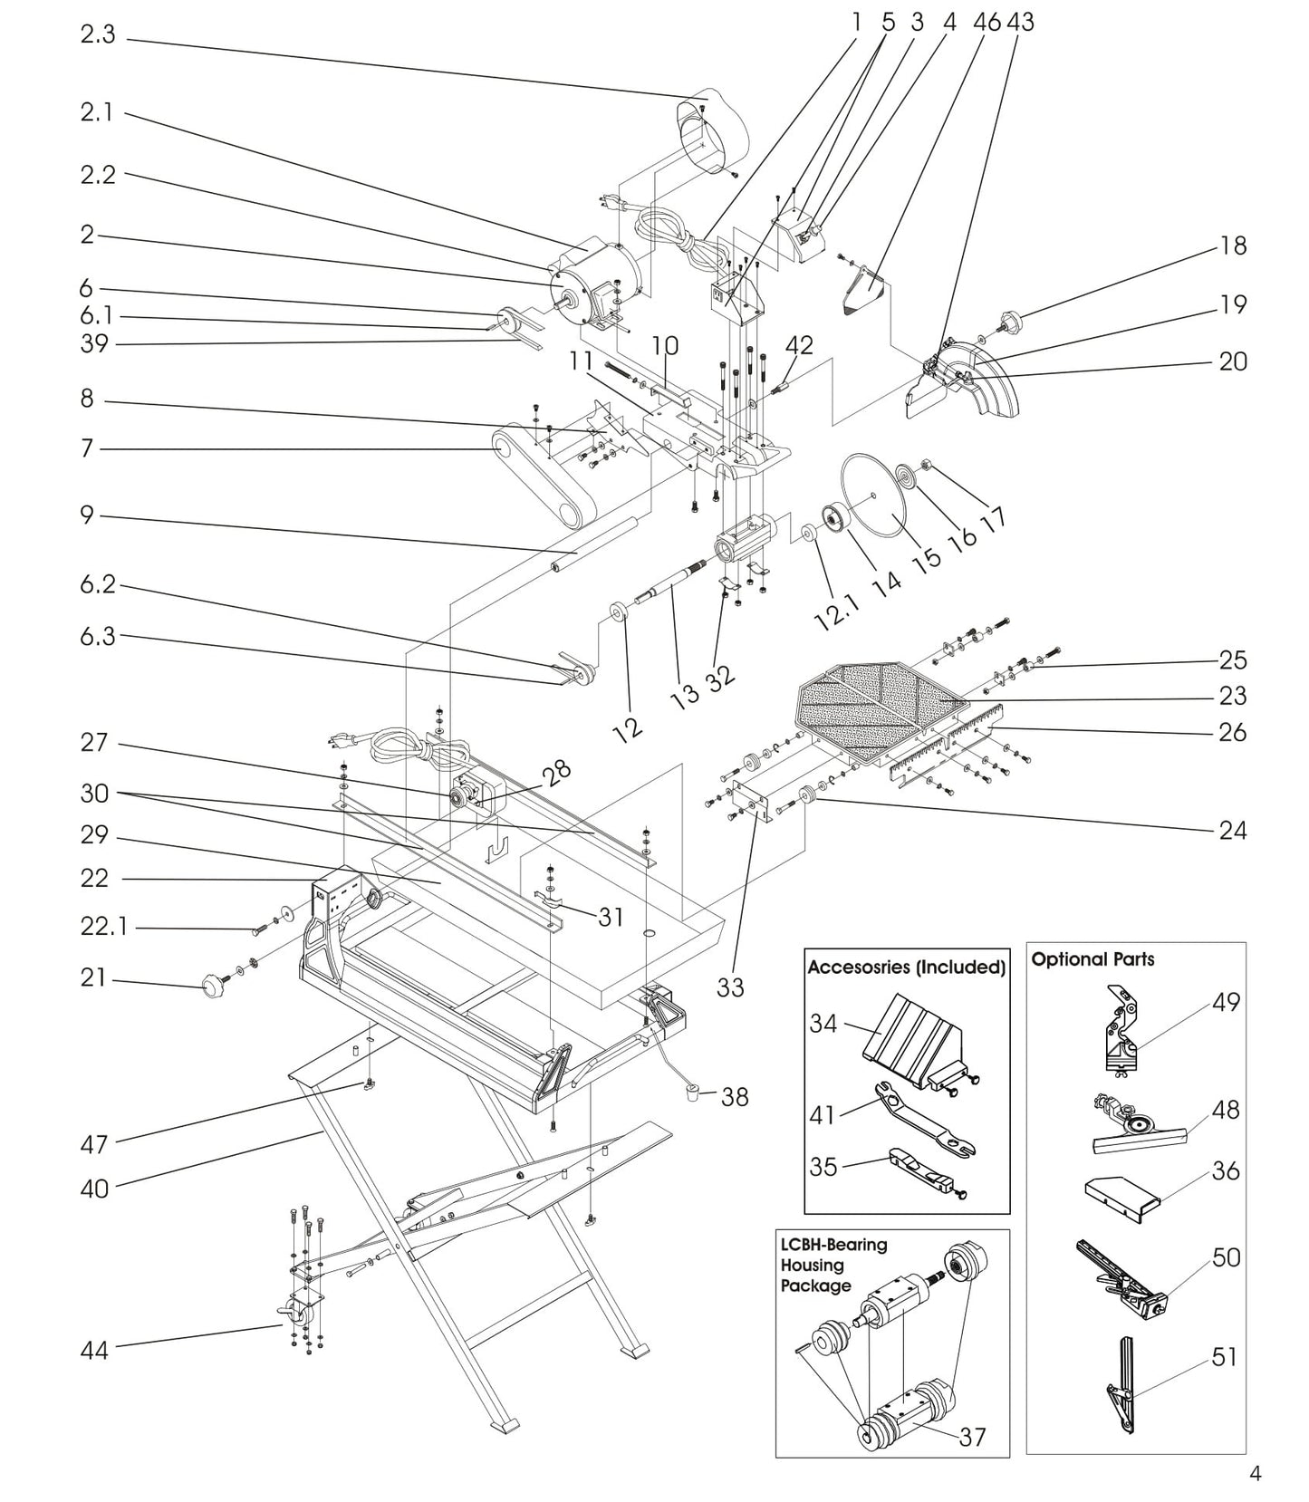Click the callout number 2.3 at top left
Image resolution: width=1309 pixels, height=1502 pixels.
pos(98,35)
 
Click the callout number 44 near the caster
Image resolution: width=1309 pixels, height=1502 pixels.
pos(94,1351)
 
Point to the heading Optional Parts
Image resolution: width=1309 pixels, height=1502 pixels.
pos(1092,959)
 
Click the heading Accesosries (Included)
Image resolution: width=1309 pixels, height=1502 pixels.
pos(906,968)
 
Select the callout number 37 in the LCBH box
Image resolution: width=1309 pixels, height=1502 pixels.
pos(972,1437)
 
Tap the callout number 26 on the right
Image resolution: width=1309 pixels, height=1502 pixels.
pos(1232,732)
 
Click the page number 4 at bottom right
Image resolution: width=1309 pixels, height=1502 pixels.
pos(1255,1474)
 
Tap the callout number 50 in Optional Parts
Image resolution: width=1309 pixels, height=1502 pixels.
pos(1226,1258)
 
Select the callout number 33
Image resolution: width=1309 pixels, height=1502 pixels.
pos(730,987)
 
